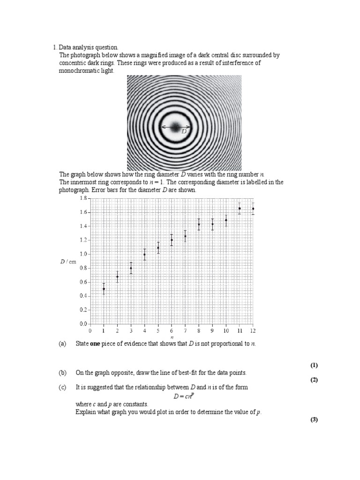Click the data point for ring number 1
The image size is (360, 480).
104,289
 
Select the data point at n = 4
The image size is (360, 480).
144,255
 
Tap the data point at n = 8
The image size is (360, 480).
199,224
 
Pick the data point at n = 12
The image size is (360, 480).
253,209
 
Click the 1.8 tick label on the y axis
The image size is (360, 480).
83,199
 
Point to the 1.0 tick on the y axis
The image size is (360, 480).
83,254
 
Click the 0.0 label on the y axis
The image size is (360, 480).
83,324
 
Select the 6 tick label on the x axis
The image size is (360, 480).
172,331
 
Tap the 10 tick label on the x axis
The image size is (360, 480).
226,331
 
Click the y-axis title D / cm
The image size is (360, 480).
68,262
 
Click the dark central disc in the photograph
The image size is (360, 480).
176,127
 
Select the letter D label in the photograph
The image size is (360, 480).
184,132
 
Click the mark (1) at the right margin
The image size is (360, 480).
314,365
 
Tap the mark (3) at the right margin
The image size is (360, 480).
314,420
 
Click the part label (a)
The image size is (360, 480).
63,344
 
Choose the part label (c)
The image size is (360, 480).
63,387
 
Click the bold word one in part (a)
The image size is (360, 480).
95,344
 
